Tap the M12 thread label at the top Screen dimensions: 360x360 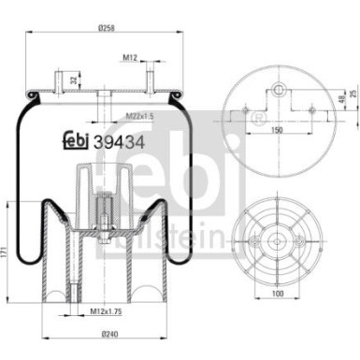(131, 59)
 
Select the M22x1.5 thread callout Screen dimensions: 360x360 (140, 116)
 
